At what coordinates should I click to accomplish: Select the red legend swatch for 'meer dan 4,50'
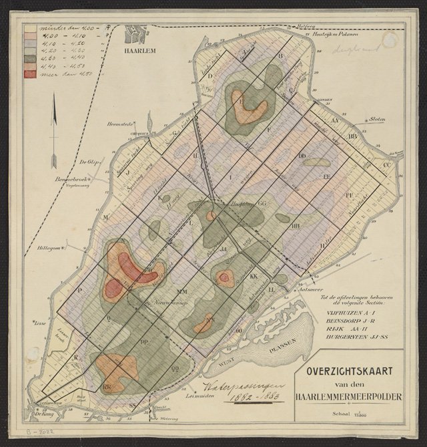coord(30,73)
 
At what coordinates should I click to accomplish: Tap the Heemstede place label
coord(121,125)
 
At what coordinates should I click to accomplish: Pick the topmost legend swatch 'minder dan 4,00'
coord(30,29)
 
